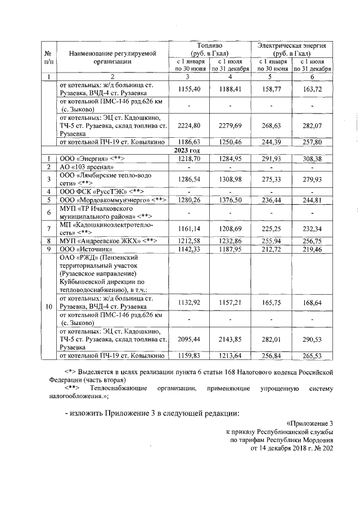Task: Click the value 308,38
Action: pos(311,159)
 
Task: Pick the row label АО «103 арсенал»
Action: pos(87,167)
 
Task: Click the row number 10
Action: pos(49,307)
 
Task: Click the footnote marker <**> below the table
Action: pos(71,389)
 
